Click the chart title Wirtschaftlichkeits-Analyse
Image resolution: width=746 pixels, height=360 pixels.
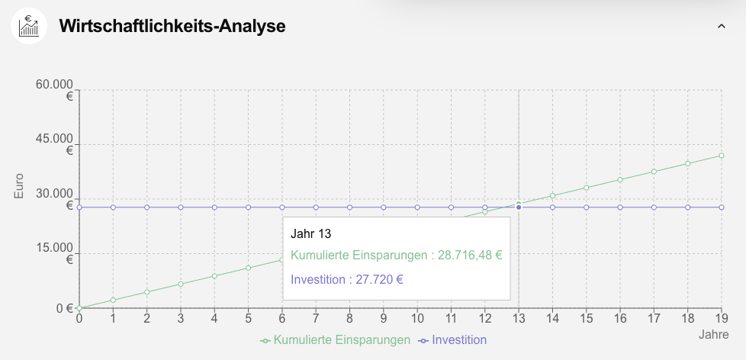point(172,27)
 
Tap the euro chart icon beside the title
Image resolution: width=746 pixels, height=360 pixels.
point(29,26)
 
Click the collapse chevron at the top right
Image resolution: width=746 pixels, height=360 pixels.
point(722,26)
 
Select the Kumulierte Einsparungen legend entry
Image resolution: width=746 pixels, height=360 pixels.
point(336,339)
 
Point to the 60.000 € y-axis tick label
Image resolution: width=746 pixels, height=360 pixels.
point(55,90)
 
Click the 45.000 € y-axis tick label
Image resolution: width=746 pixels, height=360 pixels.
point(55,144)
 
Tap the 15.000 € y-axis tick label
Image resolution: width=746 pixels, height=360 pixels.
point(55,253)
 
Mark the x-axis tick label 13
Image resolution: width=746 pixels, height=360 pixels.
point(519,318)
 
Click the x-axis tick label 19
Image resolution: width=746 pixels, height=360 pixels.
point(721,318)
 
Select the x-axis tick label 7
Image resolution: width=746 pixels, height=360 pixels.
point(316,318)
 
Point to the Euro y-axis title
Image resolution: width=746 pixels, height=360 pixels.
point(19,186)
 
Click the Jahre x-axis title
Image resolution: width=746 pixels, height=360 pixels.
point(714,335)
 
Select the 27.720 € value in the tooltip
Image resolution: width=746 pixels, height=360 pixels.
point(376,279)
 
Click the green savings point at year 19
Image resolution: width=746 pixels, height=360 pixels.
point(722,156)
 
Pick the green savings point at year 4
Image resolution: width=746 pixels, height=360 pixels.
point(214,276)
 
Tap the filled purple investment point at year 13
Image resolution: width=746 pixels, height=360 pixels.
point(519,207)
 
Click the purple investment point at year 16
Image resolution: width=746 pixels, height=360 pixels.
point(620,207)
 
